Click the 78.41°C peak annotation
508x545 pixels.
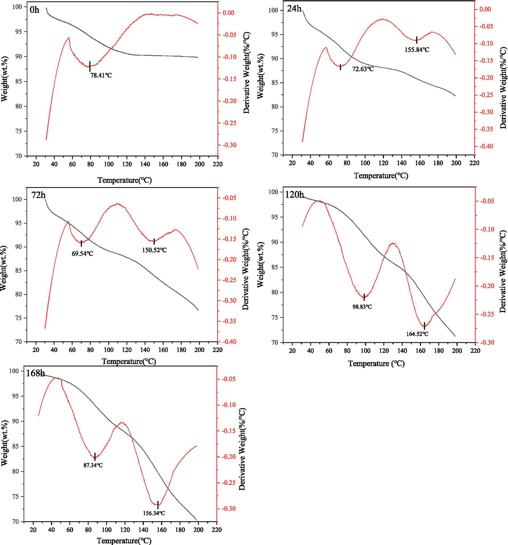point(101,75)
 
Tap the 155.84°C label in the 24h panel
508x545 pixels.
point(417,50)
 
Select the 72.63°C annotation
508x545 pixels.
point(363,69)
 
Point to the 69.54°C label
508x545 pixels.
point(82,254)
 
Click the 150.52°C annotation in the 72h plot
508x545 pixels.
point(154,250)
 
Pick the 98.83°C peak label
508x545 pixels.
point(362,307)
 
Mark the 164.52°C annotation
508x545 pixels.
point(417,334)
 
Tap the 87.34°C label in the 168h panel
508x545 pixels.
point(93,465)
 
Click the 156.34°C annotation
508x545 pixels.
point(154,513)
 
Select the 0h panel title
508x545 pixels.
point(34,10)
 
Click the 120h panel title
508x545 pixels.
point(294,195)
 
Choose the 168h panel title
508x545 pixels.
point(35,373)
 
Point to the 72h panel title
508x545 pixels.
point(38,195)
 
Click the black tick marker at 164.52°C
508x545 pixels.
point(424,326)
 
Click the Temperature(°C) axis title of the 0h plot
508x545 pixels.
point(124,180)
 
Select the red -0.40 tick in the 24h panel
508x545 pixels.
point(485,146)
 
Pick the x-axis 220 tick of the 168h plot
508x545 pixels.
point(216,530)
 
